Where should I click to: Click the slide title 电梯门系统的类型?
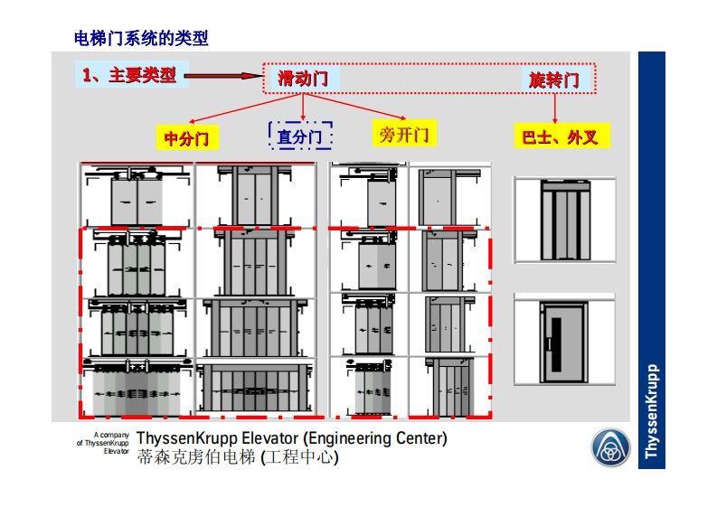(140, 38)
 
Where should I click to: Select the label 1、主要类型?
(129, 75)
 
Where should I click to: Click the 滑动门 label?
(303, 79)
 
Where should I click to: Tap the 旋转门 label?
(554, 80)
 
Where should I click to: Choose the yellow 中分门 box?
(187, 138)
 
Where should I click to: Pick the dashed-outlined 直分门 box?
(300, 136)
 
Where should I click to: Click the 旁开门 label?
(403, 136)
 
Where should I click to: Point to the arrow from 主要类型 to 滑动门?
(225, 77)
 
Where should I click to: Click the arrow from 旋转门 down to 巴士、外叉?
(554, 108)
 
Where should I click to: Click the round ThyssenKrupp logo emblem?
(611, 449)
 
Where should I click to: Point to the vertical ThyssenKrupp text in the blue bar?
(652, 411)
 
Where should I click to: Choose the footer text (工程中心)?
(299, 458)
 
